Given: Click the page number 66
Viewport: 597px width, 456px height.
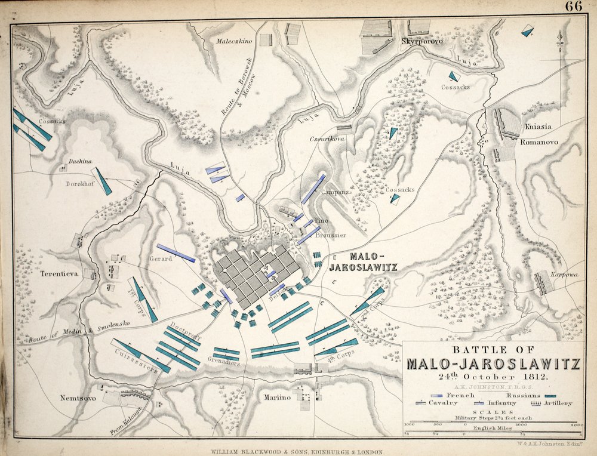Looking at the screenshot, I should click(x=574, y=7).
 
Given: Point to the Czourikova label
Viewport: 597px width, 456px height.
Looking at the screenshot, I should click(x=327, y=138).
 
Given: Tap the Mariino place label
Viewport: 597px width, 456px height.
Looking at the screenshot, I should click(x=278, y=396).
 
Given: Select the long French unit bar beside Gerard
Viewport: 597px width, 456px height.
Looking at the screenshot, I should click(x=176, y=253).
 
